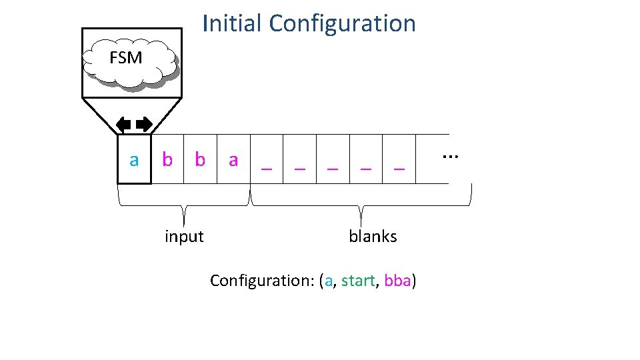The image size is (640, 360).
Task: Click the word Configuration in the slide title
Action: coord(343,24)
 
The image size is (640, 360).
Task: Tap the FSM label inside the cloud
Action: coord(126,58)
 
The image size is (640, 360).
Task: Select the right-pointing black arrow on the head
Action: coord(144,123)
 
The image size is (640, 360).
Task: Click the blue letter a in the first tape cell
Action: coord(135,160)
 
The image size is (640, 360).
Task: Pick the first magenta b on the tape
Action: coord(167,159)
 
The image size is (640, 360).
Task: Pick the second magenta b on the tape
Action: coord(200,159)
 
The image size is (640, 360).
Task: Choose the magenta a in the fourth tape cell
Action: coord(233,160)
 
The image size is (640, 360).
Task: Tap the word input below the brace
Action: coord(184,236)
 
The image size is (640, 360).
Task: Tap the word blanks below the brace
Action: coord(373,236)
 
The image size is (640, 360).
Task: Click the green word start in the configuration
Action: coord(358,281)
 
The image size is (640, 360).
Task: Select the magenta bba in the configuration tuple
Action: coord(398,281)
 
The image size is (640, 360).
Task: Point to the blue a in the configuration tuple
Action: coord(328,281)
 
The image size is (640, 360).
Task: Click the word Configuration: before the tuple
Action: coord(262,281)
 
